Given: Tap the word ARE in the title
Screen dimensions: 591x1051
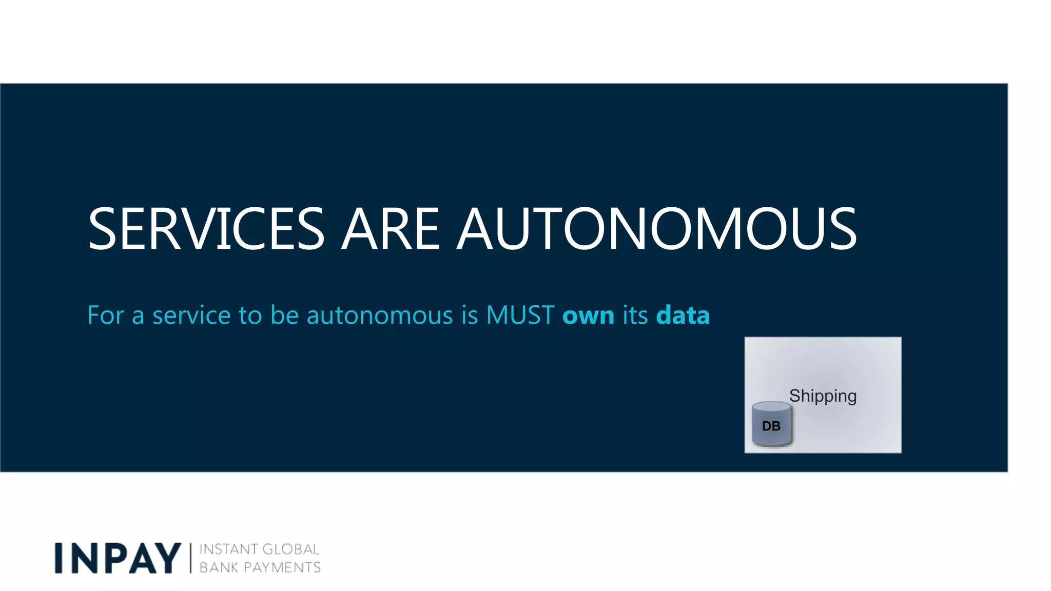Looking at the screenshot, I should (391, 229).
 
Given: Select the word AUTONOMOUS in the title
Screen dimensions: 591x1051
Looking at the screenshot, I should (657, 229).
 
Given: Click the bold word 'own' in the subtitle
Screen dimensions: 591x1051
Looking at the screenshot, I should (588, 315).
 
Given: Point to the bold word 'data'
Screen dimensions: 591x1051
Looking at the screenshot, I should (683, 315).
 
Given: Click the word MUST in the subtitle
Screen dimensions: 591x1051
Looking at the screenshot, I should (520, 315).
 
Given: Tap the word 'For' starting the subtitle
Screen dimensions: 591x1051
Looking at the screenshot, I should (105, 315).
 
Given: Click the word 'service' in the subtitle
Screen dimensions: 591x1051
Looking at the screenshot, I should (191, 315).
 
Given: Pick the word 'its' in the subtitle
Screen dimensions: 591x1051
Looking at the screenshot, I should (635, 315).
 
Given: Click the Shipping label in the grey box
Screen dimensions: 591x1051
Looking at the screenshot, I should (823, 396).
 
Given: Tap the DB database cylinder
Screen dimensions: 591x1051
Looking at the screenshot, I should (771, 424).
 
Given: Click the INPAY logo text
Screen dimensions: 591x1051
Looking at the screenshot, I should (118, 558).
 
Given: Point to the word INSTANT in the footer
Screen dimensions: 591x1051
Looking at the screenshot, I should (228, 549).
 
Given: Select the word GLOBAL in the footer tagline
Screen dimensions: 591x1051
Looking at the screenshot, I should (290, 549).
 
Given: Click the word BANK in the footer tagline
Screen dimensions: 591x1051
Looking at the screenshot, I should (218, 567).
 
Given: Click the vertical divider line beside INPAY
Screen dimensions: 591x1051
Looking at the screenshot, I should (190, 558).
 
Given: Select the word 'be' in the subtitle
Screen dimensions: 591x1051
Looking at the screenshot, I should (284, 315).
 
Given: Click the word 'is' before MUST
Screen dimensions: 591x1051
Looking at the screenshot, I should (470, 315).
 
